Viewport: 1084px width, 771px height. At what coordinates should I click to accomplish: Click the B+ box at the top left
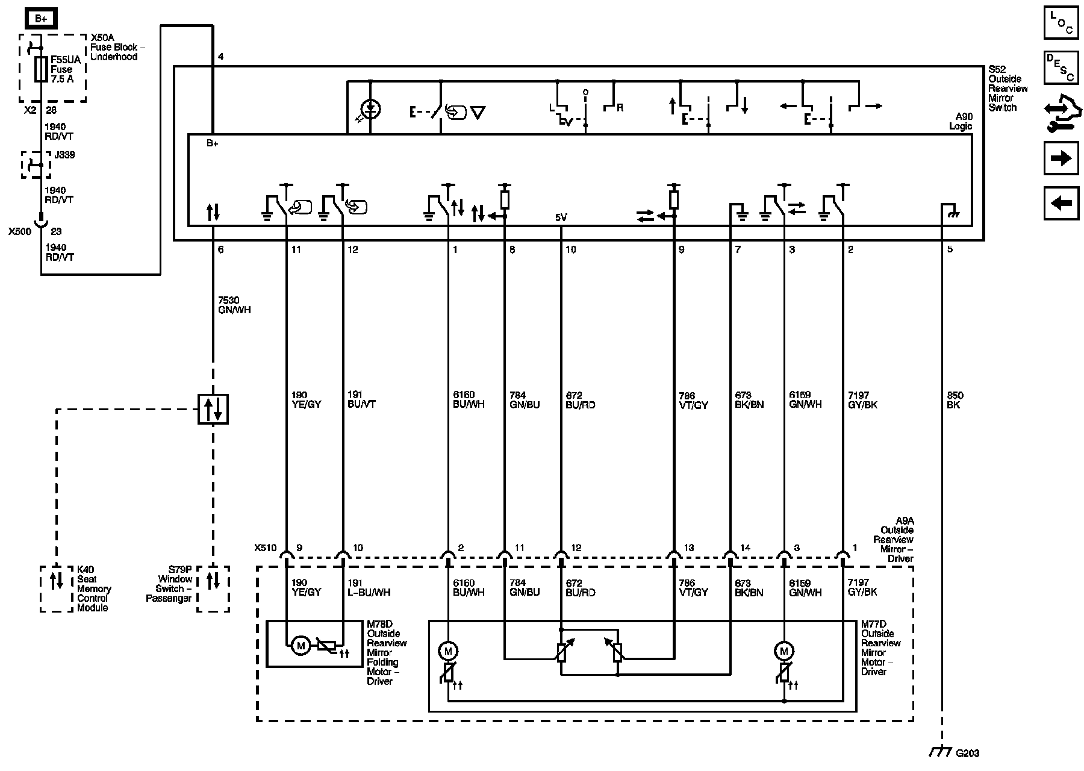(41, 19)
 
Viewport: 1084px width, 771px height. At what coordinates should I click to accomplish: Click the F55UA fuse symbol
(41, 69)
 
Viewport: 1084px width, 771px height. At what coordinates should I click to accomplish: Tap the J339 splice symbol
(36, 164)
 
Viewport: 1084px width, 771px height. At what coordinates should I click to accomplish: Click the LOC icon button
(1061, 22)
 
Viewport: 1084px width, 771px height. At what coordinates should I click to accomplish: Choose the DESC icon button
(1061, 67)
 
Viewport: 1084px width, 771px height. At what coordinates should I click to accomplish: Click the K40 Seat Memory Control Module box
(56, 588)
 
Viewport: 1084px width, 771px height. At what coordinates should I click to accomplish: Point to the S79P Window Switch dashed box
(213, 588)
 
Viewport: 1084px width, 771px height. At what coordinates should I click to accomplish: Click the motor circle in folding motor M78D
(301, 646)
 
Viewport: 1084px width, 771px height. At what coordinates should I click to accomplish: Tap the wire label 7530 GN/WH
(234, 305)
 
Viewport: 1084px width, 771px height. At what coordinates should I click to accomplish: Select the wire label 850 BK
(955, 400)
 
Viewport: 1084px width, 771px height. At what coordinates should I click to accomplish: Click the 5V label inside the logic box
(561, 217)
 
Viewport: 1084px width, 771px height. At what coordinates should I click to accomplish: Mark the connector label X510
(265, 548)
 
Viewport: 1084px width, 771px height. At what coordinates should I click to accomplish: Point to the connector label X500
(19, 231)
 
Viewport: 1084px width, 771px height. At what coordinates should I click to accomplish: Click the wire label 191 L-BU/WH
(369, 587)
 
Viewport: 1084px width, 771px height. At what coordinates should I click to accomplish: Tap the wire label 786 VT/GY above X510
(693, 401)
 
